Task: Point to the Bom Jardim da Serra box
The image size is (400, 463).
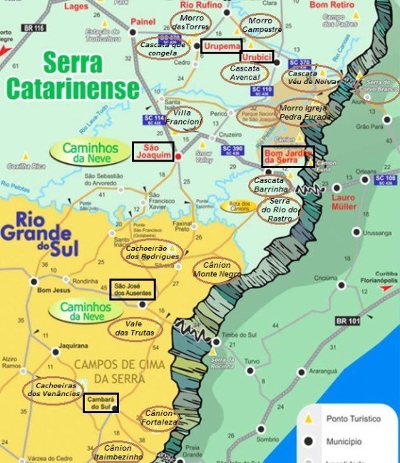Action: point(288,156)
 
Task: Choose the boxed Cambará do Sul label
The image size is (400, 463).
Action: point(101,403)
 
